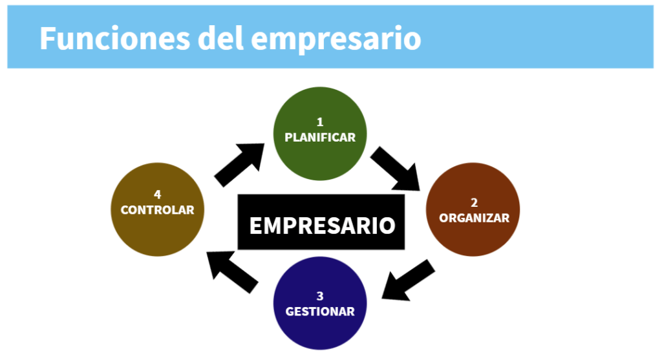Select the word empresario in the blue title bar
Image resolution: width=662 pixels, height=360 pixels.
tap(336, 39)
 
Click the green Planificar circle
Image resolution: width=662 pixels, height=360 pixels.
tap(320, 155)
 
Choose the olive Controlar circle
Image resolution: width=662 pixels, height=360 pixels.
tap(157, 229)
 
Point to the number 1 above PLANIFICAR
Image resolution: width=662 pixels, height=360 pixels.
tap(320, 122)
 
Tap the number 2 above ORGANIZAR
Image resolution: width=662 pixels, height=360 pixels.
tap(474, 201)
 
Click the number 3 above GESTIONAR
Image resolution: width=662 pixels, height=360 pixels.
tap(320, 296)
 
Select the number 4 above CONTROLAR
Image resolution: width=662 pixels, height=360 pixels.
tap(157, 194)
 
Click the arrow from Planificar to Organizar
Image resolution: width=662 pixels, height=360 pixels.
tap(396, 168)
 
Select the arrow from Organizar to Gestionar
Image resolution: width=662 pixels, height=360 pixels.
tap(407, 281)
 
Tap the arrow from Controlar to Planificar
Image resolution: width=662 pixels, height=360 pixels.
tap(239, 165)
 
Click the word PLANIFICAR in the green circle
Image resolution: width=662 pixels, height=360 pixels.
tap(320, 137)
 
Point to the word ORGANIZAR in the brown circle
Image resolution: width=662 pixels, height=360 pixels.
tap(474, 218)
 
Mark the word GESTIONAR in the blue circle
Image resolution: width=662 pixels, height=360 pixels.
tap(320, 312)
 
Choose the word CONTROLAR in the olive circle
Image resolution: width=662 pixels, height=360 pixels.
tap(157, 210)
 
